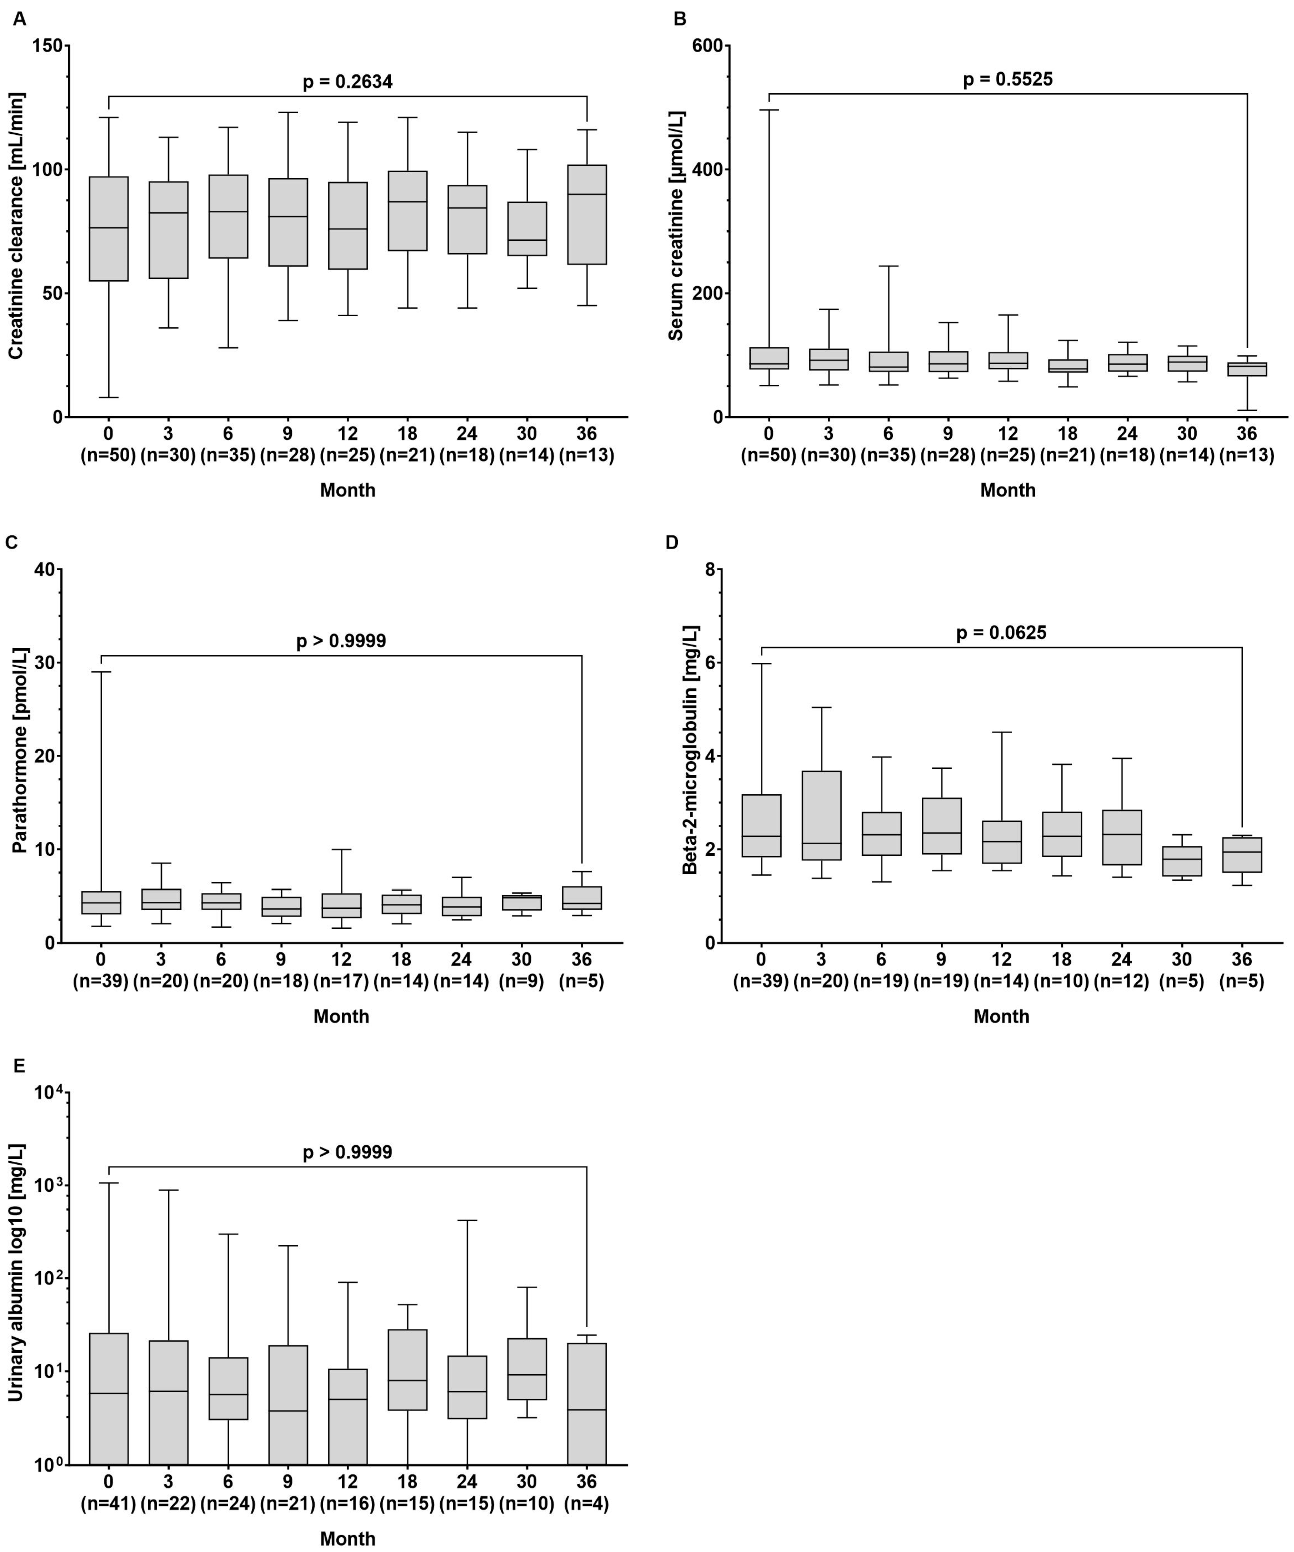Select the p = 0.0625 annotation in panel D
tap(1001, 633)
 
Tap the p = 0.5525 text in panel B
tap(1007, 79)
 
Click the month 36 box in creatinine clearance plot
tap(587, 214)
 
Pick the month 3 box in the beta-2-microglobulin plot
tap(821, 815)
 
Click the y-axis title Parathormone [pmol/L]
tap(19, 754)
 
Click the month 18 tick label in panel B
tap(1067, 433)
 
